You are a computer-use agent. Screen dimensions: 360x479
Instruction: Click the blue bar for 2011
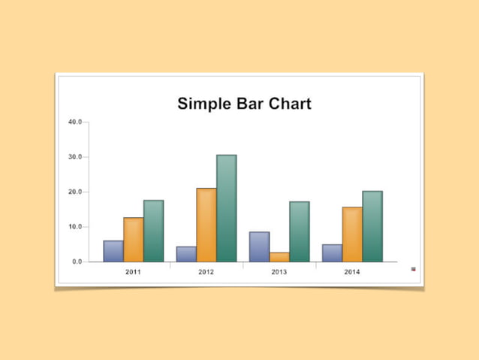click(x=113, y=251)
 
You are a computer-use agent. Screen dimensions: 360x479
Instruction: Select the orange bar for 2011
click(x=134, y=240)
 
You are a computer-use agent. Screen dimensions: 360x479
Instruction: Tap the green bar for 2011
click(x=153, y=231)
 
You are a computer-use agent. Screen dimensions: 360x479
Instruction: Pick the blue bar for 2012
click(x=186, y=254)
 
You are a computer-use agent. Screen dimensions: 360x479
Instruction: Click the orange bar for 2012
click(x=206, y=225)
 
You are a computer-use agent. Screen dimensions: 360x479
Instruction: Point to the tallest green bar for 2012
click(x=226, y=208)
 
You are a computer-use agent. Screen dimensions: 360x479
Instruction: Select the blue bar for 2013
click(x=259, y=247)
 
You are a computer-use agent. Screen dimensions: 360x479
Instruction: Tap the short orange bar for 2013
click(x=279, y=257)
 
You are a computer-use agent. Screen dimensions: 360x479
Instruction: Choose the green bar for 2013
click(x=299, y=231)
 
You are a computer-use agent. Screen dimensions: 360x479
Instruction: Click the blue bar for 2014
click(x=332, y=253)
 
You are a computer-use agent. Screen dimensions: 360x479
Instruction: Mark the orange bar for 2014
click(x=352, y=234)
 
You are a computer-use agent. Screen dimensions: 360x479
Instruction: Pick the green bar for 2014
click(x=372, y=226)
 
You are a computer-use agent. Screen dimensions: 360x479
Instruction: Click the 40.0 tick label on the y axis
click(x=75, y=122)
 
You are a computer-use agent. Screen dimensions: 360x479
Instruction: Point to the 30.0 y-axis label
click(x=75, y=157)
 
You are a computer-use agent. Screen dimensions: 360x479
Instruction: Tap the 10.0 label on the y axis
click(x=75, y=227)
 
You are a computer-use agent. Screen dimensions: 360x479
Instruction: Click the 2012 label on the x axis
click(x=206, y=271)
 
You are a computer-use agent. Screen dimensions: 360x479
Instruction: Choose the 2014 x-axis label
click(x=352, y=271)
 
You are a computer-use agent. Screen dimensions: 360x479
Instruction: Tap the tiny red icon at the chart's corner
click(x=413, y=268)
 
